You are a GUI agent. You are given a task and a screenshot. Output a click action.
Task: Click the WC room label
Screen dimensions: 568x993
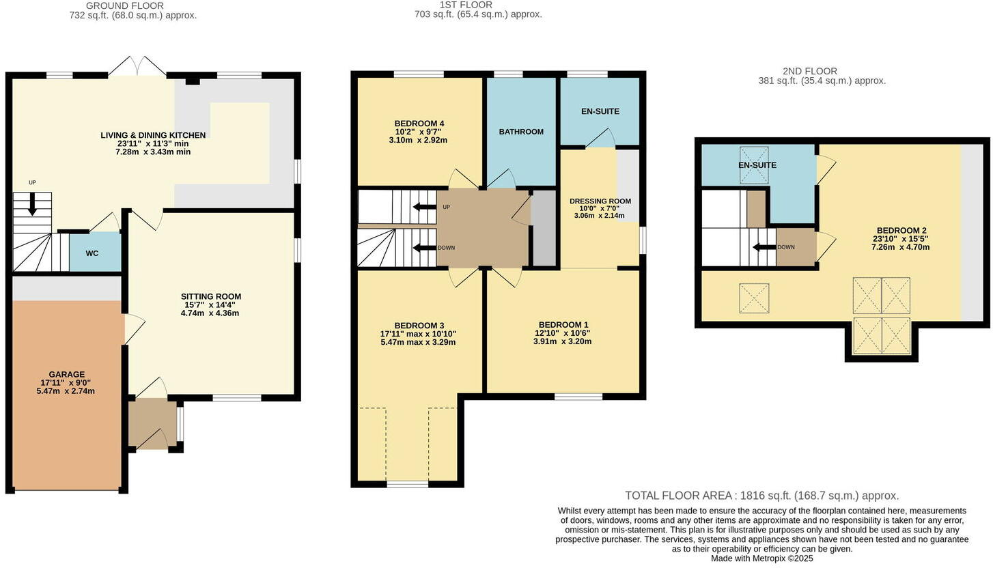tap(92, 253)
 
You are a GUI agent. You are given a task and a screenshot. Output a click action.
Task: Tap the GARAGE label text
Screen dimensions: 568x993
tap(66, 374)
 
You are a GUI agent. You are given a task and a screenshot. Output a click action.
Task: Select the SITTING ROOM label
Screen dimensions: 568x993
tap(211, 296)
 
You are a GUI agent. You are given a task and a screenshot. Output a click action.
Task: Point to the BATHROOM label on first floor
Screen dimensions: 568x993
tap(521, 132)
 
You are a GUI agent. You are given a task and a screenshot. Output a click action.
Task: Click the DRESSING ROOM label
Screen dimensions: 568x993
tap(600, 201)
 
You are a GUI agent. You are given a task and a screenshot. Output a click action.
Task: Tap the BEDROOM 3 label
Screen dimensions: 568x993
tap(419, 325)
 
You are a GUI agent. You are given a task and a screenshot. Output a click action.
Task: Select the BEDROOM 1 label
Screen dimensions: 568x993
tap(563, 325)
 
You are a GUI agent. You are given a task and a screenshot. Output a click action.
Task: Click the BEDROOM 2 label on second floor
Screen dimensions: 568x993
tap(900, 231)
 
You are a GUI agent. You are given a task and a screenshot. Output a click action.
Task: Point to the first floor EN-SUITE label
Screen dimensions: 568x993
tap(600, 111)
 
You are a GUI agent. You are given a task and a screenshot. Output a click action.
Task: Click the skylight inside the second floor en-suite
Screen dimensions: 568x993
tap(754, 165)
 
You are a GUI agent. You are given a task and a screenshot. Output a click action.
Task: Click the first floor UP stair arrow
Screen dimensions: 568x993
tap(426, 207)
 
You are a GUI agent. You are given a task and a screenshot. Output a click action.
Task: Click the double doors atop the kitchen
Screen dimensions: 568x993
tap(137, 67)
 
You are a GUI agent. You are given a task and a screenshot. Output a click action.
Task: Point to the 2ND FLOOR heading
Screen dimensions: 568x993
tap(809, 71)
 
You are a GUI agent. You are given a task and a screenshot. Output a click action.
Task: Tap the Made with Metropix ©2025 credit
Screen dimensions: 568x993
tap(761, 558)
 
